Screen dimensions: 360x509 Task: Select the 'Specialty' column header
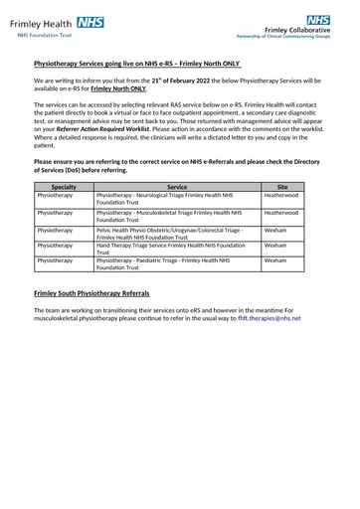click(64, 186)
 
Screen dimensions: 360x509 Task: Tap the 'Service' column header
click(177, 186)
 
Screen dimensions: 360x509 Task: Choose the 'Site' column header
click(281, 186)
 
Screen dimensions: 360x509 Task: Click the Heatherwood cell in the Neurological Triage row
click(280, 196)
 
